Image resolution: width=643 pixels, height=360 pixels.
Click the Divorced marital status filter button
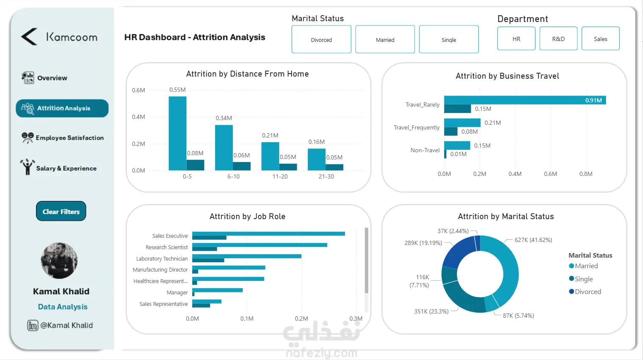tap(321, 39)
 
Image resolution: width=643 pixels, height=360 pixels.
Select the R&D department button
tap(558, 39)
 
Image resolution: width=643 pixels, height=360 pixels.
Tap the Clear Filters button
tap(61, 212)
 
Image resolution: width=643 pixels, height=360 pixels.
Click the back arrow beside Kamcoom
tap(29, 37)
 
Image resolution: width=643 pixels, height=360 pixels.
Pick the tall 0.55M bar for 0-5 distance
tap(177, 133)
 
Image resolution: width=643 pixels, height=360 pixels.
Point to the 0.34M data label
tap(224, 118)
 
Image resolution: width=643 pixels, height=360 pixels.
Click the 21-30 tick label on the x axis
tap(326, 176)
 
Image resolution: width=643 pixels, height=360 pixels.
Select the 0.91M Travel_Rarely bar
tap(525, 100)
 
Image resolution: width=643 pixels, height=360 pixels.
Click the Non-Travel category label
tap(425, 150)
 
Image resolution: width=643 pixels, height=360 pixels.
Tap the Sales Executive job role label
tap(170, 236)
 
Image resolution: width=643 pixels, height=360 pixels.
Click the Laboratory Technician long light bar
tap(247, 256)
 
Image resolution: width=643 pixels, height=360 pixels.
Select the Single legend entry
tap(583, 279)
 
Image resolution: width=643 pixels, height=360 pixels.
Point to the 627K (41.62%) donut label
tap(533, 240)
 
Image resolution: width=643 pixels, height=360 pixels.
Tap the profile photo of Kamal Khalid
tap(59, 261)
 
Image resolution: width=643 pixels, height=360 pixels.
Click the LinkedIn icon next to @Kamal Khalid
tap(33, 325)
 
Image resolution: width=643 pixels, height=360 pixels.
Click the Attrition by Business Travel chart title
tap(507, 76)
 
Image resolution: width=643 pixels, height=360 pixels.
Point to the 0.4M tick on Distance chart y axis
tap(138, 117)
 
